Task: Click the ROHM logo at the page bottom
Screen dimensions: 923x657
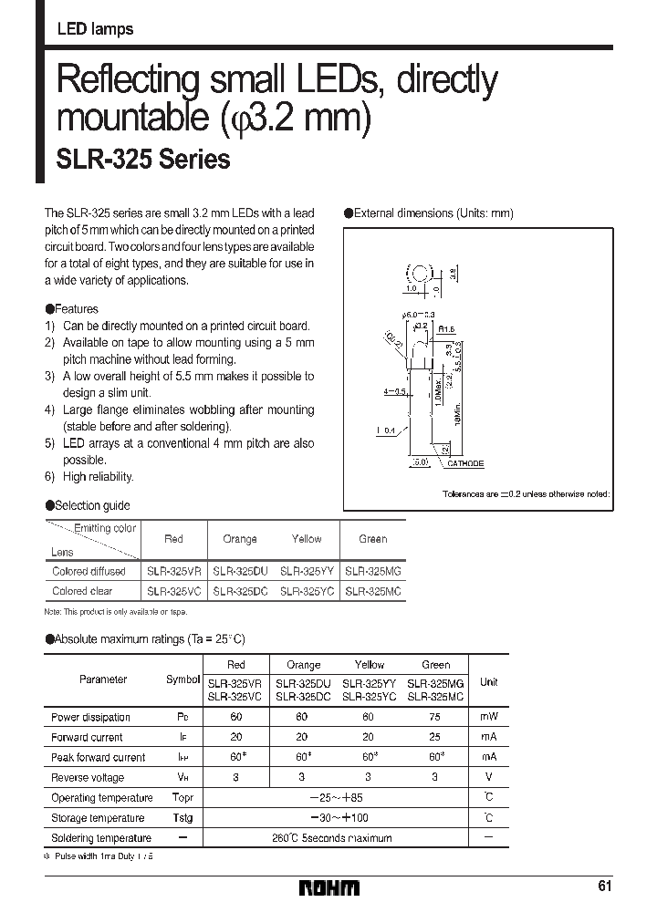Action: [330, 887]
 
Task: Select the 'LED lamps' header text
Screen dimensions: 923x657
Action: [95, 29]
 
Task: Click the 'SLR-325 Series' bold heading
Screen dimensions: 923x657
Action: [143, 161]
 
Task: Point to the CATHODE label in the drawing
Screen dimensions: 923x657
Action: [465, 463]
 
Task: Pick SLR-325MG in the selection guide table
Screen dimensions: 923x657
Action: [372, 571]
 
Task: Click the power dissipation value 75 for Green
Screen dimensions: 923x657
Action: [436, 717]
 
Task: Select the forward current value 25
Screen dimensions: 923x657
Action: [436, 737]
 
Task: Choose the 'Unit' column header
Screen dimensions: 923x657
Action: [489, 681]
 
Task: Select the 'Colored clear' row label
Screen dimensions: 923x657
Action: [83, 591]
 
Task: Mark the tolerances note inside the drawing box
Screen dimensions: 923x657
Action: [527, 493]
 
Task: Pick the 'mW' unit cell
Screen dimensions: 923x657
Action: [489, 717]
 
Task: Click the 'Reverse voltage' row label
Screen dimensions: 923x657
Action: [88, 777]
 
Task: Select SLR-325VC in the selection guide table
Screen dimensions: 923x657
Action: [173, 591]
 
